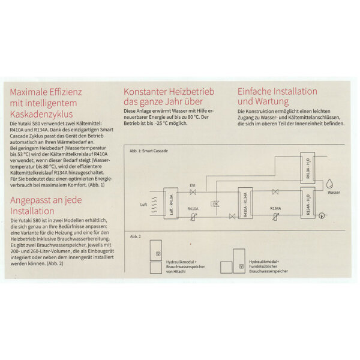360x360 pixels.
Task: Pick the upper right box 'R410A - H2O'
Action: click(x=308, y=169)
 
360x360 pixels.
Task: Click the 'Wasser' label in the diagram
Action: click(x=334, y=193)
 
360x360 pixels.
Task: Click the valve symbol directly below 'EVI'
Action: click(x=193, y=192)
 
